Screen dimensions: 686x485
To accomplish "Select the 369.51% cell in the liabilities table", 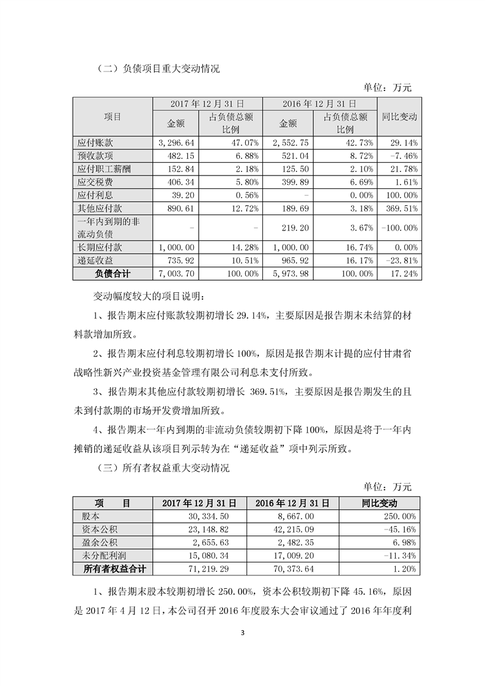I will (399, 208).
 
